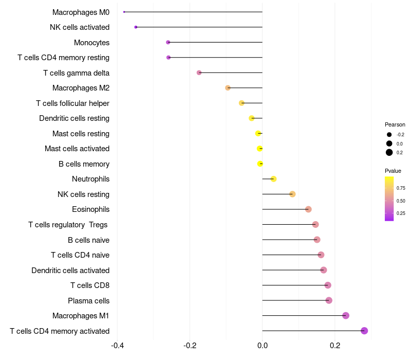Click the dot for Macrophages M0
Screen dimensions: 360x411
click(124, 12)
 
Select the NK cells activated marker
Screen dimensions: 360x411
click(136, 27)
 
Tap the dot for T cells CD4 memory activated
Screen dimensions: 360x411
click(364, 331)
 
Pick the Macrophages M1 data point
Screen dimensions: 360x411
click(346, 315)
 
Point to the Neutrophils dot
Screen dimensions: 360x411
click(273, 179)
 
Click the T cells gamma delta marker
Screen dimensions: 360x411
click(199, 73)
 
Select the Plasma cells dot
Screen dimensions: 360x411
click(329, 300)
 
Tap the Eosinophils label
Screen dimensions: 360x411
click(90, 209)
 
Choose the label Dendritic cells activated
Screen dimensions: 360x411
click(70, 270)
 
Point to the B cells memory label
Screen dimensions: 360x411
click(84, 164)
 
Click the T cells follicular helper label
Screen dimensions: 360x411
click(72, 103)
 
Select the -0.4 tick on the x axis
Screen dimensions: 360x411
click(117, 345)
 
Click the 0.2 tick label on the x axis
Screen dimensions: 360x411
click(335, 345)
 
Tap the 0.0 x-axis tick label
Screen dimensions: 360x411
click(262, 345)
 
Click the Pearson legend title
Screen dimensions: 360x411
click(395, 124)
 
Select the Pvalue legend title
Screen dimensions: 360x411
click(393, 171)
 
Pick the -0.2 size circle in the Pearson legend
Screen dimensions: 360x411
click(389, 135)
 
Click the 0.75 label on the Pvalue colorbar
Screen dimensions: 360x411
click(401, 188)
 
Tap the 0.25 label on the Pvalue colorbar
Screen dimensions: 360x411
click(401, 213)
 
